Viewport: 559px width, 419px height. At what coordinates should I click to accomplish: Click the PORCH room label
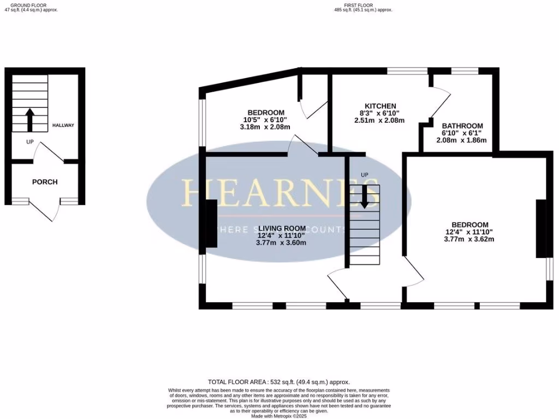(45, 182)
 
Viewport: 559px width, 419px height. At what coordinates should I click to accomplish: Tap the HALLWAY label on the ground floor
(63, 125)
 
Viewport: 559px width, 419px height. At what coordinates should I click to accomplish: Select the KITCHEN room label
(380, 106)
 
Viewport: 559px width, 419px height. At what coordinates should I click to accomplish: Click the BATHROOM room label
(462, 125)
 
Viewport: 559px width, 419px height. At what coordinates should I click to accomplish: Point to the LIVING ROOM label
(282, 228)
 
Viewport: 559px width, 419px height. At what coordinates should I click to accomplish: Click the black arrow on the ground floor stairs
(29, 119)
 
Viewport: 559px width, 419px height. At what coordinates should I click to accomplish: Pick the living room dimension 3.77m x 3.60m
(282, 243)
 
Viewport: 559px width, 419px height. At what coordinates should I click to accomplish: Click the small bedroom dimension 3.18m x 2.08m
(265, 127)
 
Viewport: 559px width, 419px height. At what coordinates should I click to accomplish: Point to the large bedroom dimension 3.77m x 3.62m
(469, 239)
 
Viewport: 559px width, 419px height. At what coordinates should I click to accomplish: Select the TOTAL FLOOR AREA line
(279, 382)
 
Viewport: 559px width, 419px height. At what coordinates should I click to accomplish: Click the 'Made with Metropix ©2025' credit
(279, 416)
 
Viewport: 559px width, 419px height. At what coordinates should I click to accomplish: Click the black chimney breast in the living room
(211, 227)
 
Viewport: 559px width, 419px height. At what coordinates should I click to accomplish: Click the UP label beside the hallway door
(30, 142)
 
